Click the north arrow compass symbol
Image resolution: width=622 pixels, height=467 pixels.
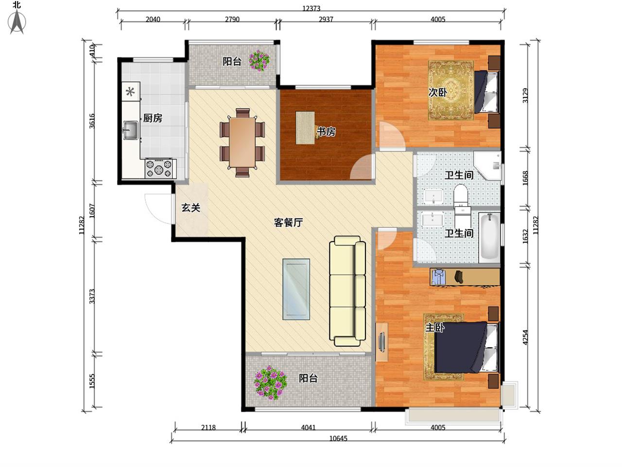[17, 22]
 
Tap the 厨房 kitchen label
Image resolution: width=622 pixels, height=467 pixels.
[153, 118]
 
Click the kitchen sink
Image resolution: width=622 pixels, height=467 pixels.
[131, 130]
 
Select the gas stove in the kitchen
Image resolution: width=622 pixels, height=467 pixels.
[159, 168]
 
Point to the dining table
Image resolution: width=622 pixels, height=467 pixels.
[242, 143]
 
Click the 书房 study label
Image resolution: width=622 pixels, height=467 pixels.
[326, 131]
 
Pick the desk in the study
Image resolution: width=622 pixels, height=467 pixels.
[305, 127]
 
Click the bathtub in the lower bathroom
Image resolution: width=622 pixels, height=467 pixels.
[489, 237]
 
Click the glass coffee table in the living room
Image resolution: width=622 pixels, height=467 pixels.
[296, 289]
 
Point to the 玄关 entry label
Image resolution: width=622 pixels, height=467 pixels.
[190, 208]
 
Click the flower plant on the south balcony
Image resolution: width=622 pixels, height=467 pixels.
[270, 382]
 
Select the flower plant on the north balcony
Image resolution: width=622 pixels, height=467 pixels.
[259, 61]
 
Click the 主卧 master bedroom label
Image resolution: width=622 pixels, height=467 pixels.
[435, 328]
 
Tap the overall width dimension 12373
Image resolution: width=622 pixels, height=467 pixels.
[311, 8]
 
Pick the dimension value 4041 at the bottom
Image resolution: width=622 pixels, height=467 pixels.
[308, 427]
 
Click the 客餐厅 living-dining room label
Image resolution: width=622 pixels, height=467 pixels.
[288, 222]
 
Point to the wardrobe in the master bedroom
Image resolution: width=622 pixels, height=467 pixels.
[465, 277]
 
